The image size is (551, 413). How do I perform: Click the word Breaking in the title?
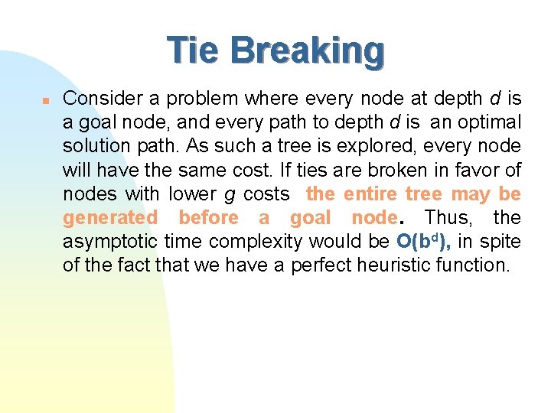307,51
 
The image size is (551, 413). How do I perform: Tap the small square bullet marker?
46,99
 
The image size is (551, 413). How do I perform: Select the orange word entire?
371,193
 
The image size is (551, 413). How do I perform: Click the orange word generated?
109,218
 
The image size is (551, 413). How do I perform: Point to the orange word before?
208,217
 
